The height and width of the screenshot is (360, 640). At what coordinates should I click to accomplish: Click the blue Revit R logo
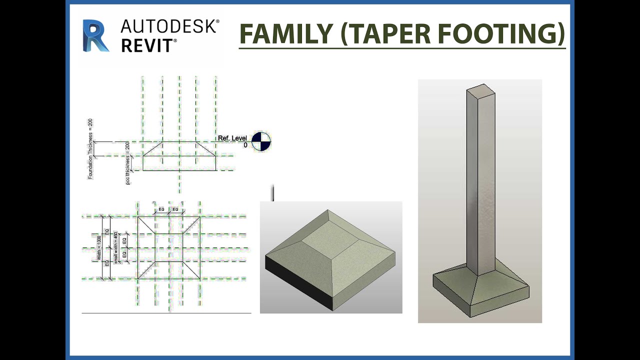(95, 36)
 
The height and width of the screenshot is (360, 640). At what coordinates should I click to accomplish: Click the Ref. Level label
(232, 138)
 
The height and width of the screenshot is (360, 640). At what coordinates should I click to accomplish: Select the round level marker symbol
(260, 141)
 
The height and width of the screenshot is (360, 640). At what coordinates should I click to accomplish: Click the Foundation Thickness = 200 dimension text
(90, 149)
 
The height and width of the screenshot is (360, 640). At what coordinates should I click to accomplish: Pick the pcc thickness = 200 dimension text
(127, 163)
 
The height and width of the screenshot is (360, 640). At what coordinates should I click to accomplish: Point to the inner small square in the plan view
(168, 247)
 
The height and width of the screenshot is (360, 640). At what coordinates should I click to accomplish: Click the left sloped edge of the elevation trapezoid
(152, 148)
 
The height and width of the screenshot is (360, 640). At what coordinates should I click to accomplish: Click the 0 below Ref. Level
(245, 145)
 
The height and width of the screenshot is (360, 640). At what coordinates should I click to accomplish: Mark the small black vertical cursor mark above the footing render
(273, 193)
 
